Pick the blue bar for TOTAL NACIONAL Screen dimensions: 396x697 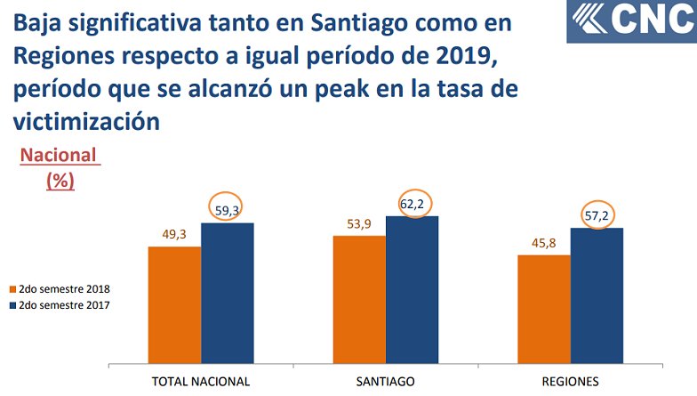click(228, 293)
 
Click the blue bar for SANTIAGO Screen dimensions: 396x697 click(412, 289)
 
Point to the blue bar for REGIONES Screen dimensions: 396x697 click(597, 295)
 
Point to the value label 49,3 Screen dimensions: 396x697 click(173, 234)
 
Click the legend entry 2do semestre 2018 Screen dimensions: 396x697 click(59, 289)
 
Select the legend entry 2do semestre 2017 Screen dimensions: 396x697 click(59, 304)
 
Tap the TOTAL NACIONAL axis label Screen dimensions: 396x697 click(200, 381)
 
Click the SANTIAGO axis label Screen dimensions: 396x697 click(385, 381)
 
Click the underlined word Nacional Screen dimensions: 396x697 click(59, 156)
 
